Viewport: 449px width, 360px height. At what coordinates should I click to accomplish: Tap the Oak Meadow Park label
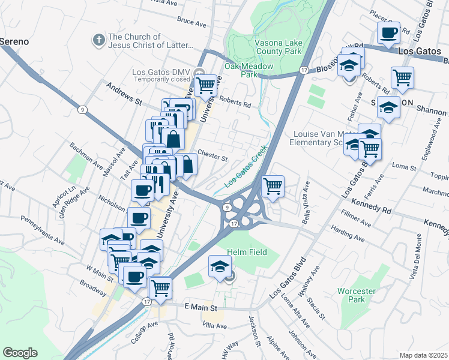249,70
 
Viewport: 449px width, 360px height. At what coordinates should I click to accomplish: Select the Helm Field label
246,252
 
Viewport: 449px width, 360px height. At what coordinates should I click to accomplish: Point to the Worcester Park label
361,295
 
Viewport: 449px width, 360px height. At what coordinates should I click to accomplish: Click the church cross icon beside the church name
98,40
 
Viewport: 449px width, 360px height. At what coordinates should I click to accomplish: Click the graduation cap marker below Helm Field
220,265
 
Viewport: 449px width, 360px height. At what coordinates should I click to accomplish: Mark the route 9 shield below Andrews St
81,109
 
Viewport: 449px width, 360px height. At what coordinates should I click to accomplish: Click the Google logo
20,353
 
